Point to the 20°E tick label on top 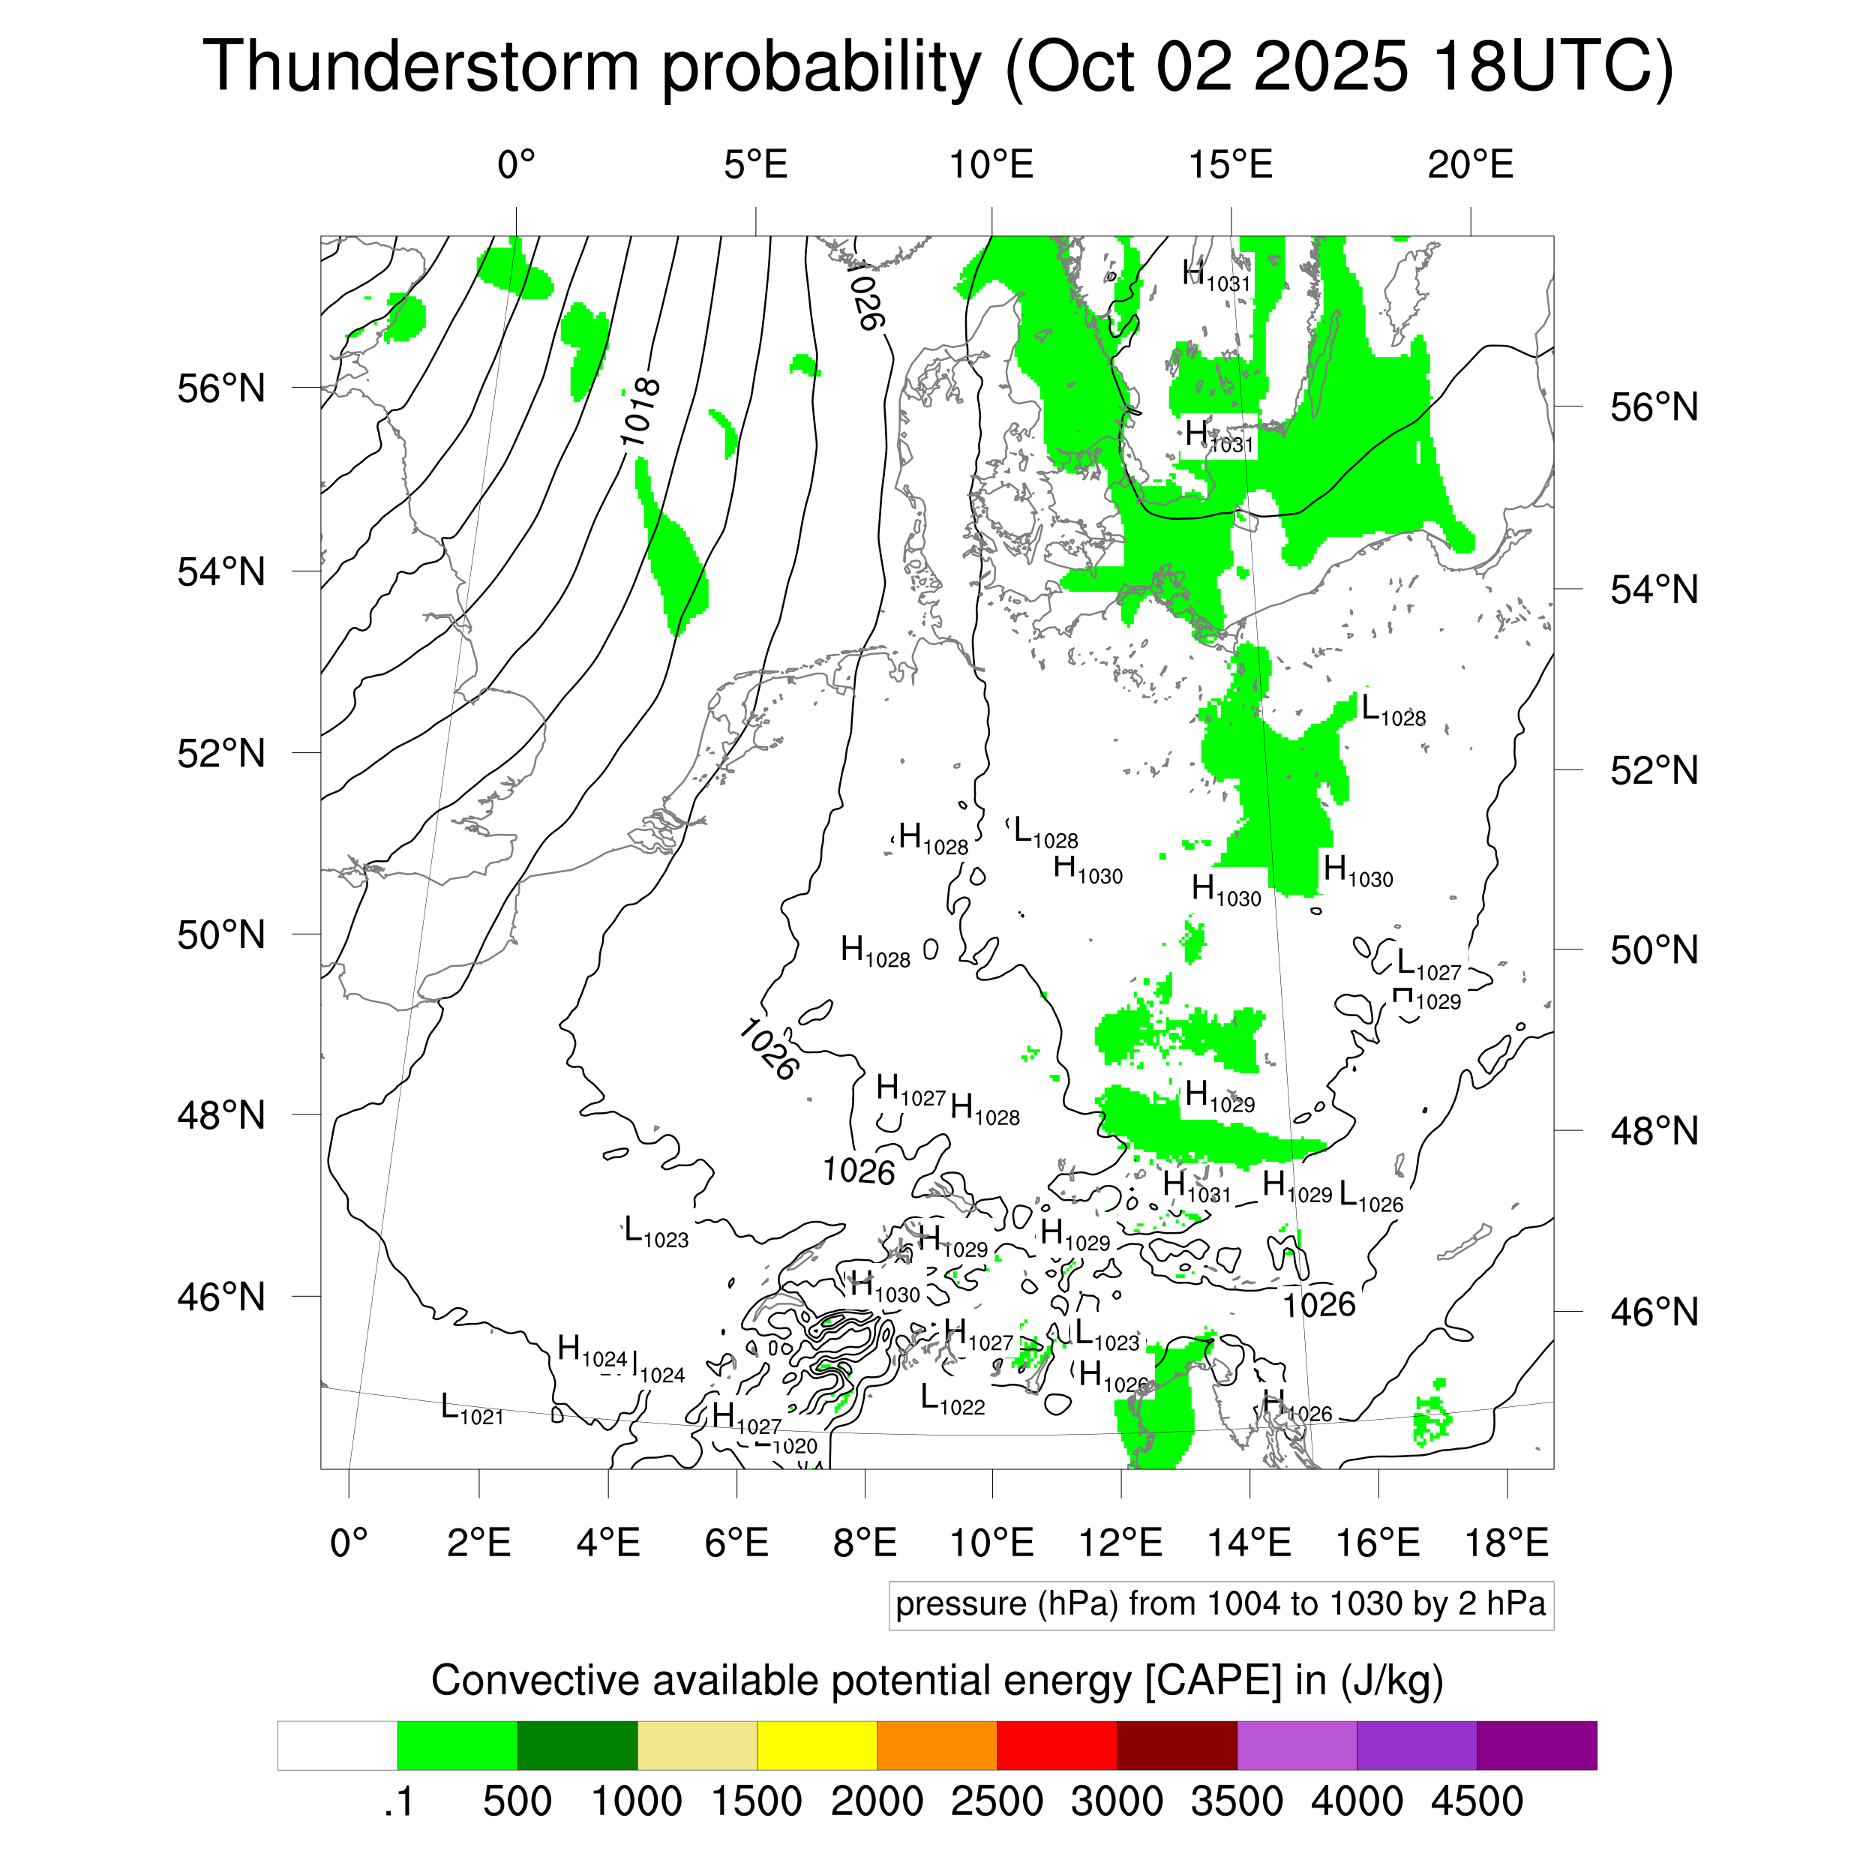tap(1470, 165)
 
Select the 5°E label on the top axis tap(755, 165)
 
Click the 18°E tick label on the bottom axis tap(1506, 1542)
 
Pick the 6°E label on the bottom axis tap(736, 1542)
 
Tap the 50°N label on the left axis tap(221, 934)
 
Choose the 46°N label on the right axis tap(1654, 1312)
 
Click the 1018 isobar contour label tap(640, 413)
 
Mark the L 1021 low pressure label tap(472, 1409)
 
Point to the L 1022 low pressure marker tap(952, 1400)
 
